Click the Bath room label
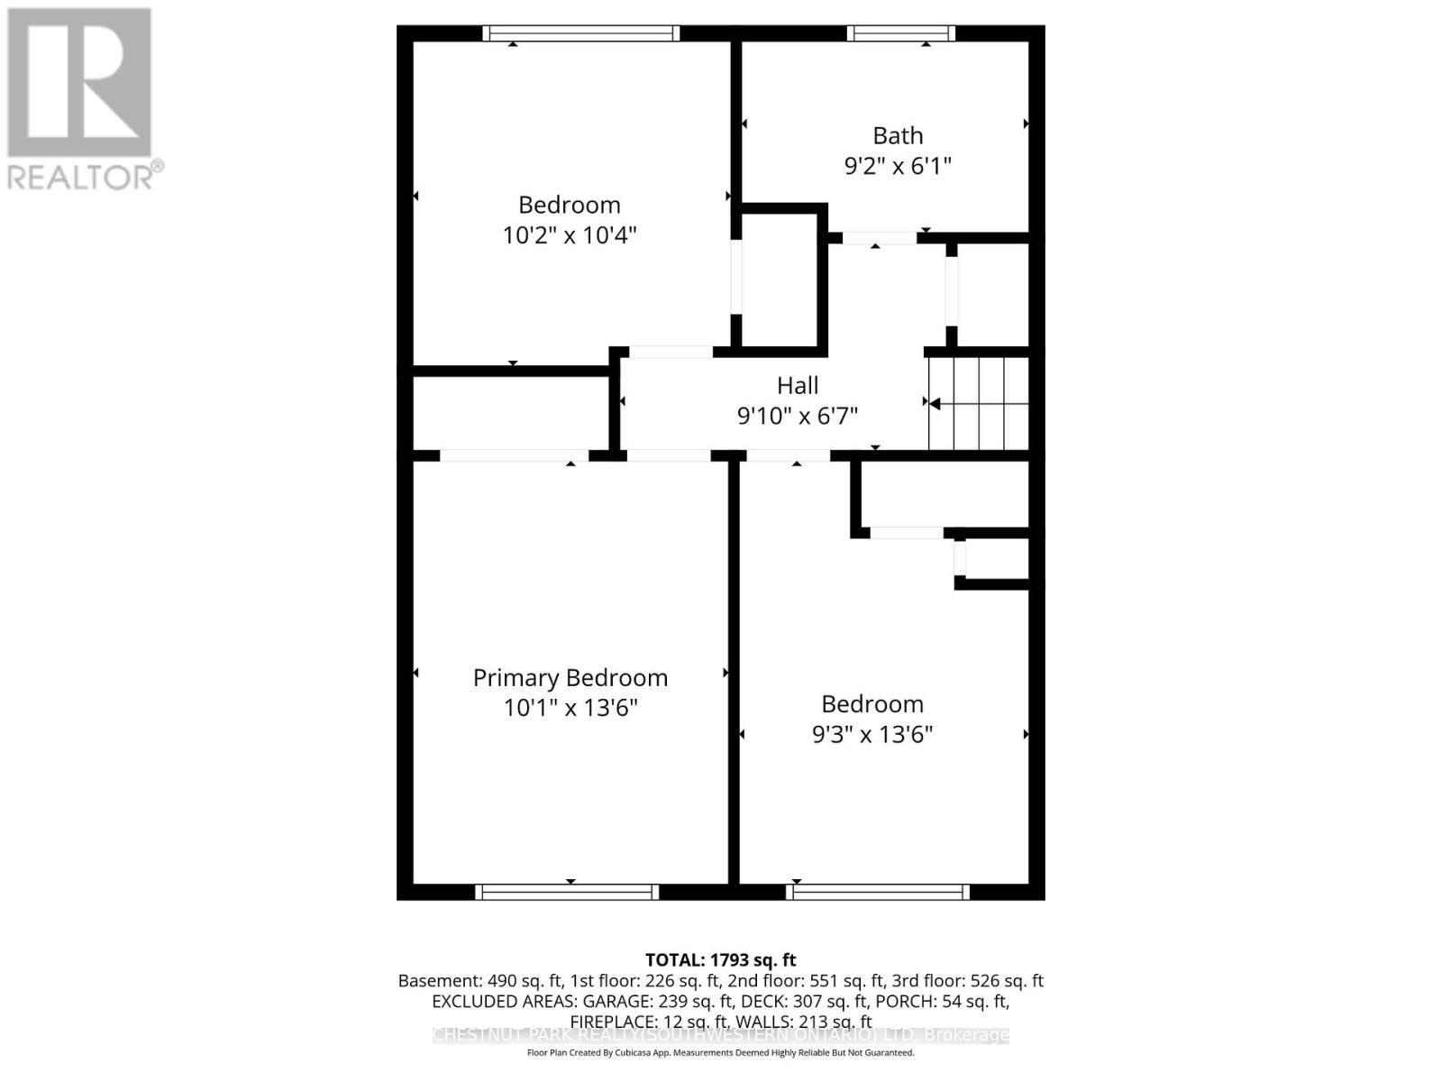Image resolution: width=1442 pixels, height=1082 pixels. coord(898,135)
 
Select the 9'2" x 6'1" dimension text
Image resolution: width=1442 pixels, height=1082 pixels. coord(898,166)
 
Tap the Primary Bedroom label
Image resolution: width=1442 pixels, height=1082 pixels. coord(570,678)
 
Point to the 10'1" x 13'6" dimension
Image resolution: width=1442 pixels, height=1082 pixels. coord(570,708)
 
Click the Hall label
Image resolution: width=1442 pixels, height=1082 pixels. coord(798,386)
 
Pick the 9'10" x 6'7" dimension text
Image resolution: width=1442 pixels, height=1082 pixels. coord(798,416)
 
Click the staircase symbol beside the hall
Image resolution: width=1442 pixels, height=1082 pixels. coord(979,403)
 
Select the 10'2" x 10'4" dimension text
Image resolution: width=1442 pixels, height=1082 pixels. coord(570,235)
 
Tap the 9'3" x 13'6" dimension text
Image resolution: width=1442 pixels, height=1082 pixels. coord(872,734)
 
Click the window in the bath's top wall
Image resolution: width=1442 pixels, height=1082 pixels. coord(900,33)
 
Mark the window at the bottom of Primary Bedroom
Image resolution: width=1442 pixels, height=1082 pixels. coord(567,892)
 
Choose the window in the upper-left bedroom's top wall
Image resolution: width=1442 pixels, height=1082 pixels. coord(581,33)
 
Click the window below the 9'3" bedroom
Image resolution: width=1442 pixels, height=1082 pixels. coord(878,892)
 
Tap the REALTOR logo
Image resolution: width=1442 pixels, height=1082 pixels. coord(81,99)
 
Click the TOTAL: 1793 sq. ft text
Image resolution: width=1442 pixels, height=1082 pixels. coord(720,960)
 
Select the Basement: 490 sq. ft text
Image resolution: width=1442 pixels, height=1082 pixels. coord(480,981)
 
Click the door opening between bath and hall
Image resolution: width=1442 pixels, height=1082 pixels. coord(879,238)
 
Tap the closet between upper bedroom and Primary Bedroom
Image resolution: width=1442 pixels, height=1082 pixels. coord(511,413)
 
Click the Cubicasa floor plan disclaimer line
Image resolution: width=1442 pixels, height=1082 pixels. coord(720,1052)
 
